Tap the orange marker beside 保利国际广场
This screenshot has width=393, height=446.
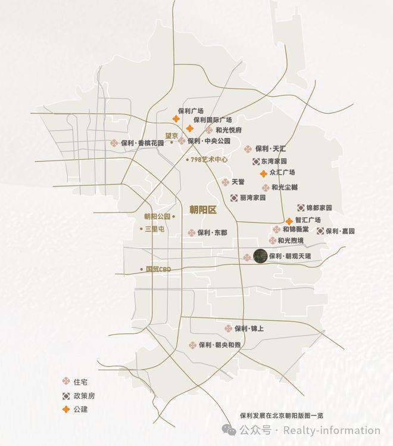click(x=189, y=128)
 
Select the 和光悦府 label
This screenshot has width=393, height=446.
click(x=229, y=129)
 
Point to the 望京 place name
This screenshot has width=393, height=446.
click(x=171, y=136)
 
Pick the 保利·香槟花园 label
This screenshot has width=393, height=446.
click(x=142, y=143)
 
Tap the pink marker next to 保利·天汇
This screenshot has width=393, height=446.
click(x=248, y=148)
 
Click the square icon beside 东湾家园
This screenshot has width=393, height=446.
click(x=255, y=161)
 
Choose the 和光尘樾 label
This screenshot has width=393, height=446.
click(x=285, y=187)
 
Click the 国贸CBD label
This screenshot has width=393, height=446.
click(x=158, y=269)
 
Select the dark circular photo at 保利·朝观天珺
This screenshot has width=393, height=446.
click(x=260, y=256)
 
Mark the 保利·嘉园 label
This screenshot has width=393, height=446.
click(x=340, y=231)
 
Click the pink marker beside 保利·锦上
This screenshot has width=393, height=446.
click(x=228, y=329)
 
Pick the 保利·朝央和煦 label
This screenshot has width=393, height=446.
click(x=220, y=345)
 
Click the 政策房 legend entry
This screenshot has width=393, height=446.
click(x=84, y=395)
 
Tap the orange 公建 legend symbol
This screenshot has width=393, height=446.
click(x=67, y=409)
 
